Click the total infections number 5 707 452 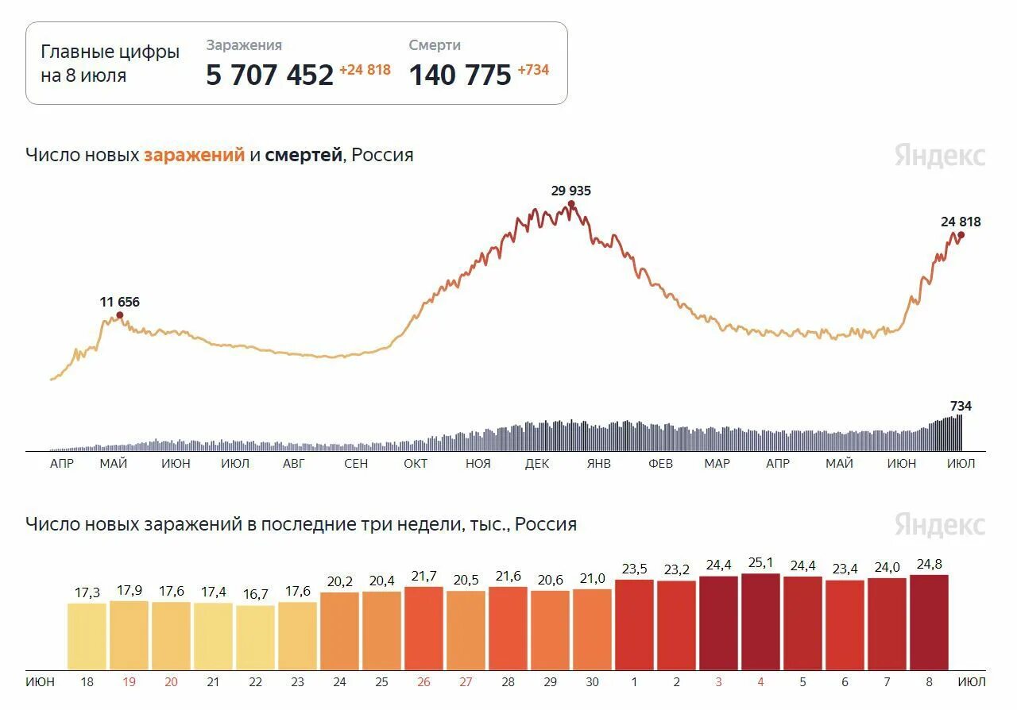(269, 75)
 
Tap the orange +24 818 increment (365, 70)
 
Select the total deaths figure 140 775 (460, 75)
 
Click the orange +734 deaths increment (533, 70)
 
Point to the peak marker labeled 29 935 (571, 204)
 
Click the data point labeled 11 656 (120, 315)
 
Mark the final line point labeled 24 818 (961, 234)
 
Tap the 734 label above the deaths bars (961, 406)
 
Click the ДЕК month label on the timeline (537, 464)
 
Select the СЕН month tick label (356, 464)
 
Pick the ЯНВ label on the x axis (598, 464)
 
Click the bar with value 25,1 (760, 622)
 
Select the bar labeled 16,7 (255, 638)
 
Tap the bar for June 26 (423, 628)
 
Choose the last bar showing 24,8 (929, 623)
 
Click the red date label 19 (129, 682)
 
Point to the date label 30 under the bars (592, 682)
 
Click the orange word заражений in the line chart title (194, 155)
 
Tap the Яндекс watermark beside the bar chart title (939, 525)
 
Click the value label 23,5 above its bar (634, 569)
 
